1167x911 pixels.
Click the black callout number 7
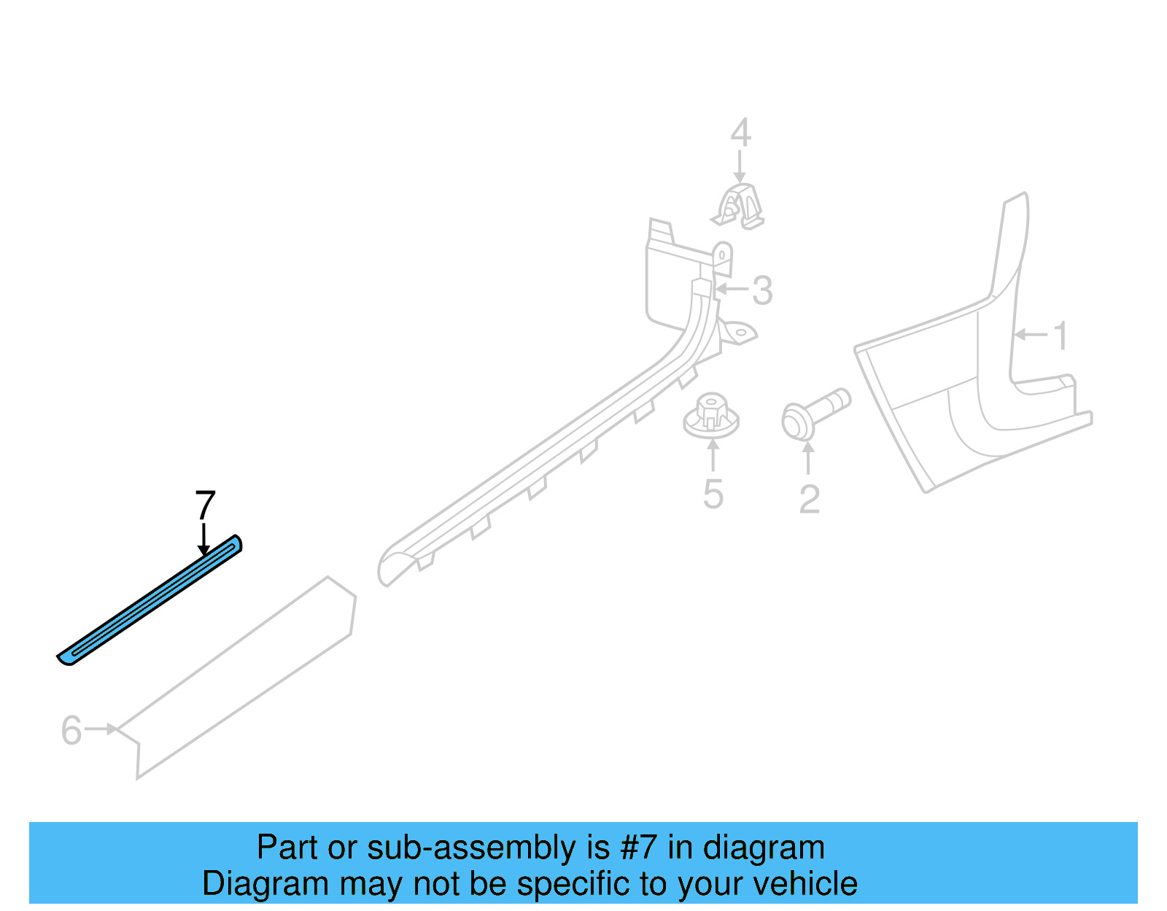(206, 505)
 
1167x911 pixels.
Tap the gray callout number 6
(71, 730)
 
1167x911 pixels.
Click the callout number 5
(713, 494)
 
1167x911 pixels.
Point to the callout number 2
(809, 499)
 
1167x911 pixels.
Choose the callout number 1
(1060, 336)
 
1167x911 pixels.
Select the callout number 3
(762, 290)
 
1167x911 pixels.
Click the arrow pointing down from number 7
(203, 540)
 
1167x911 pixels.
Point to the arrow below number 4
(740, 166)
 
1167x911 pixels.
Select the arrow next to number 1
(1031, 335)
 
